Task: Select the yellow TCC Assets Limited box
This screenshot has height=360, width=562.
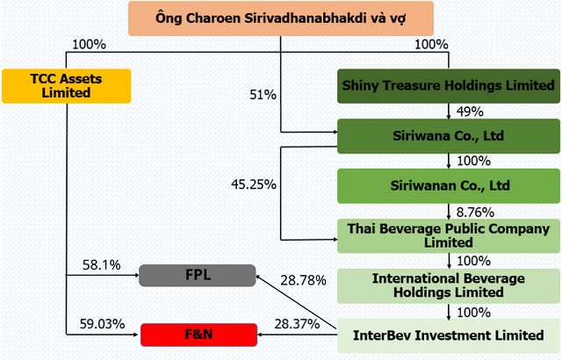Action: point(67,84)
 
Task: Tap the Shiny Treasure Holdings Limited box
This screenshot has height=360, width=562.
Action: point(448,86)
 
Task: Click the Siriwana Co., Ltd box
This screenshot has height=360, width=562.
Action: point(448,136)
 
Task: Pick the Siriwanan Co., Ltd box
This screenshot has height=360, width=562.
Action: point(448,186)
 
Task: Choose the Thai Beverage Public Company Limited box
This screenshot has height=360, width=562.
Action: point(448,235)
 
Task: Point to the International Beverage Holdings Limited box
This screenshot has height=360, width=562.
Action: point(448,285)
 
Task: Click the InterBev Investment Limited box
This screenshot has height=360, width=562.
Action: point(448,335)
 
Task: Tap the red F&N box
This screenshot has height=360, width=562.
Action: point(196,335)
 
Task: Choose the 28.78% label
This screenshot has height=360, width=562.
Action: point(302,280)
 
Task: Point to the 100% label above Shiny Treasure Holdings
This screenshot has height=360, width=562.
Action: point(430,42)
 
